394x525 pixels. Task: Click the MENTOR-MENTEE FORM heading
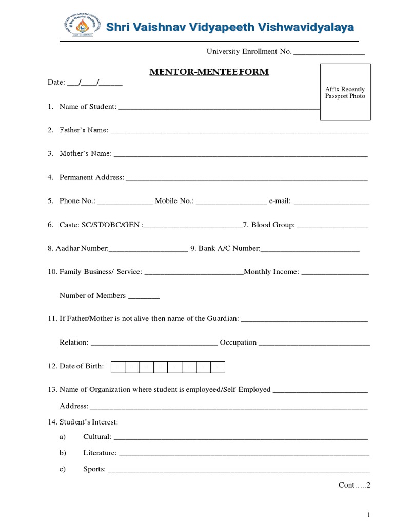click(x=209, y=72)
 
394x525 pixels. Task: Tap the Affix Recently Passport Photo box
click(x=345, y=92)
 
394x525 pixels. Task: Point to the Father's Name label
click(x=84, y=130)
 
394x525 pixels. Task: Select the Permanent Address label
click(x=92, y=177)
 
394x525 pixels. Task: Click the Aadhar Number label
click(x=78, y=248)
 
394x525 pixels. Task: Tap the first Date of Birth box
click(x=118, y=367)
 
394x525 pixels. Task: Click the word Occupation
click(x=238, y=342)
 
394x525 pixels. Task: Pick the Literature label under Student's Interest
click(x=100, y=453)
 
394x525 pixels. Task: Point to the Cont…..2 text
click(x=354, y=485)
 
